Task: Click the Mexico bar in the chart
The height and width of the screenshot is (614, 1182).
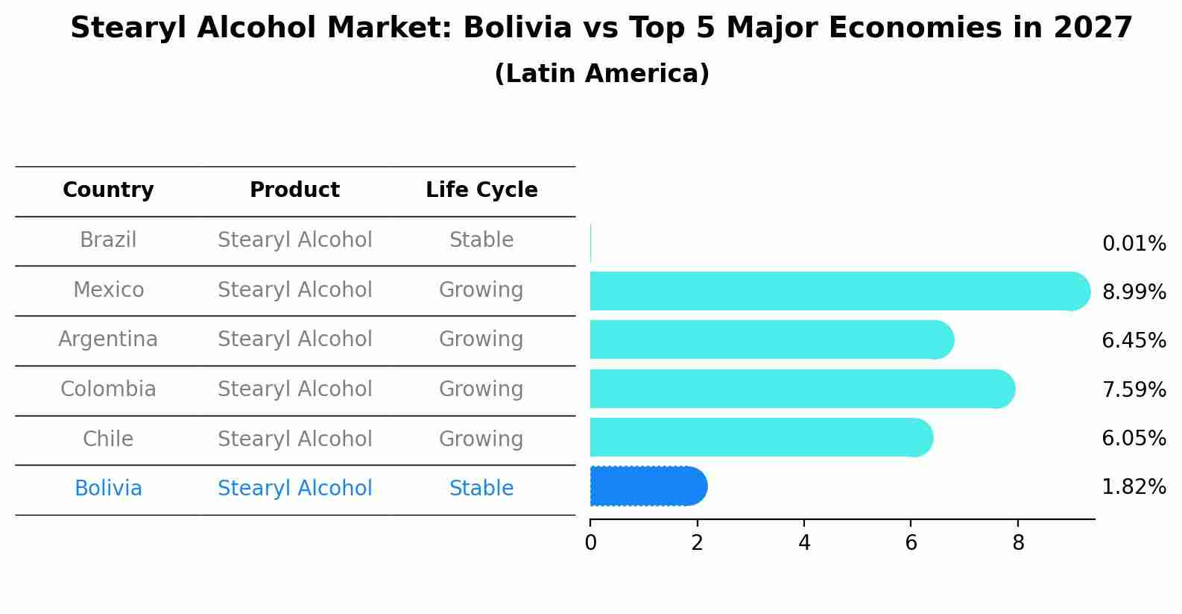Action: point(835,291)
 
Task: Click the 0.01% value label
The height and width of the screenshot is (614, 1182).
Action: point(1134,244)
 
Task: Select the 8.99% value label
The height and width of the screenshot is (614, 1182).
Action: point(1134,292)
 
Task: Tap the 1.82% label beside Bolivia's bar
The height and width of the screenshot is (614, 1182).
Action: point(1134,487)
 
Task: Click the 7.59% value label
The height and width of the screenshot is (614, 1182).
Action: point(1134,389)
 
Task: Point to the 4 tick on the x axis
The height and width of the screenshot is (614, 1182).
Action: point(804,543)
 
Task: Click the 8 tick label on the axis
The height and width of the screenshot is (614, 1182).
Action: point(1018,543)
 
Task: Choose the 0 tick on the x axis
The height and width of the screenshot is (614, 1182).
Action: point(590,543)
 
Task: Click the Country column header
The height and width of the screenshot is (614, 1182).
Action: point(108,190)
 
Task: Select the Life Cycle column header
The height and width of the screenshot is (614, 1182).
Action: point(481,190)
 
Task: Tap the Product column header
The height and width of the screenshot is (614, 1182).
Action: point(294,190)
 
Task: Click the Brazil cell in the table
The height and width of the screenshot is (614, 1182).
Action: point(108,240)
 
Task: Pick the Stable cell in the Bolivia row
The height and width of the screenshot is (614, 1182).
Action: point(481,489)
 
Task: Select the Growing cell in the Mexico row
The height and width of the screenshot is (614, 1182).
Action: point(481,289)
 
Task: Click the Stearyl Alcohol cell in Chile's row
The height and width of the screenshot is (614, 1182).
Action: point(294,439)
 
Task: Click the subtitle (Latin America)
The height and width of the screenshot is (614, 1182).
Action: point(601,74)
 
